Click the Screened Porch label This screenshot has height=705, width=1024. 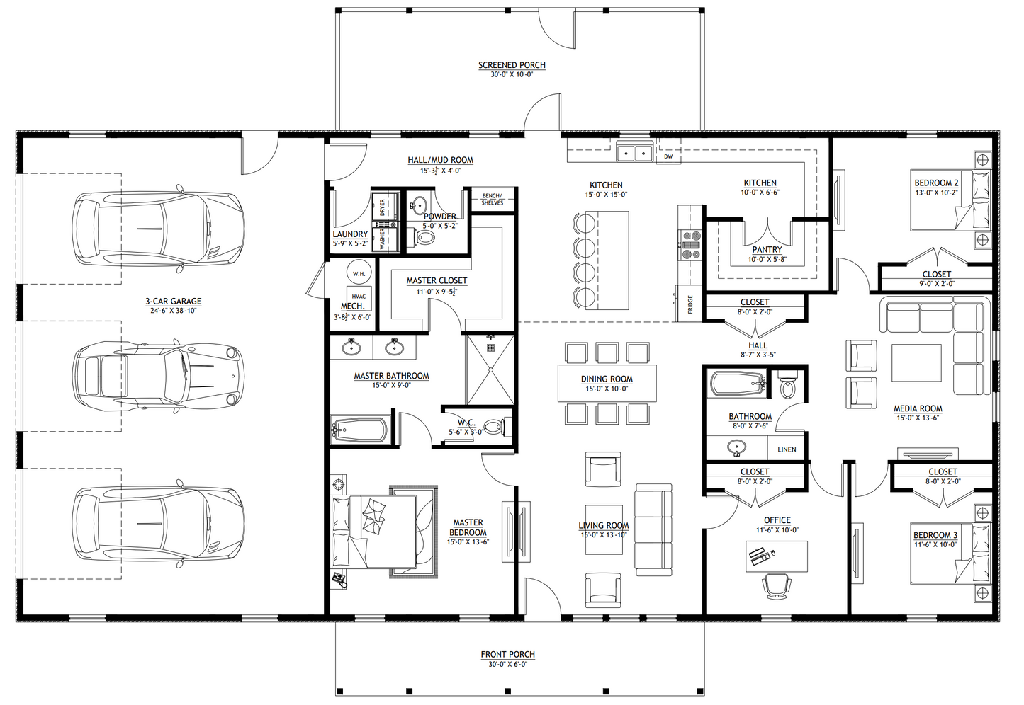512,65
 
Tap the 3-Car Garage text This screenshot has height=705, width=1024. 174,302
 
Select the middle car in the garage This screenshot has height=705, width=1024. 158,372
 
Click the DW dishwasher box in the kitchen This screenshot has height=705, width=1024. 668,156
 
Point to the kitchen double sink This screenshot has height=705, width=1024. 634,152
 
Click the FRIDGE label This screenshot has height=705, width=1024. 690,304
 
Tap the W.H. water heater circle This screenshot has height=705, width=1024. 359,273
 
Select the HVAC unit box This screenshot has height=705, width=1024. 359,297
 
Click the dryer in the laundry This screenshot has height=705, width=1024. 383,207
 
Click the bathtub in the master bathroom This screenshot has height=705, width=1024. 360,429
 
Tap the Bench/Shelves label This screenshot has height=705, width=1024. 492,199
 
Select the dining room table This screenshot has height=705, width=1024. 607,383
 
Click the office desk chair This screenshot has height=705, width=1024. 776,585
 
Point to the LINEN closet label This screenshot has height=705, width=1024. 787,449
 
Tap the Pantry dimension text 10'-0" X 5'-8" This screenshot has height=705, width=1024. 767,260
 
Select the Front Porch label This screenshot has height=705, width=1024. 507,655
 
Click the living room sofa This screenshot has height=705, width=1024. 653,530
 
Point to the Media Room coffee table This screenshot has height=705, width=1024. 916,362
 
